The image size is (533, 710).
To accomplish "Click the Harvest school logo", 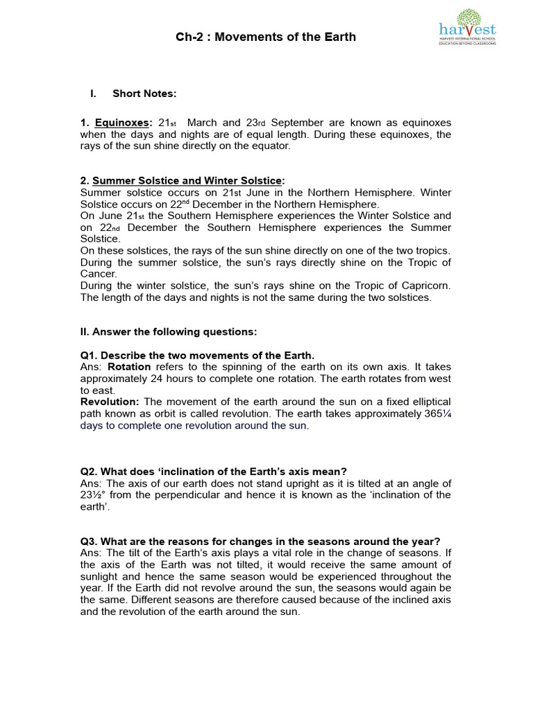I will click(467, 28).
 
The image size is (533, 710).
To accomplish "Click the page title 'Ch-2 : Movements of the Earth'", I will click(266, 37).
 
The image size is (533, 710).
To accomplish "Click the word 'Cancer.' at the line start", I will click(99, 274).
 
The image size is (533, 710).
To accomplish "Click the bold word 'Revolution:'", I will click(110, 402).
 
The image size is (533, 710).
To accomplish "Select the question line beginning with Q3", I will click(260, 542).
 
